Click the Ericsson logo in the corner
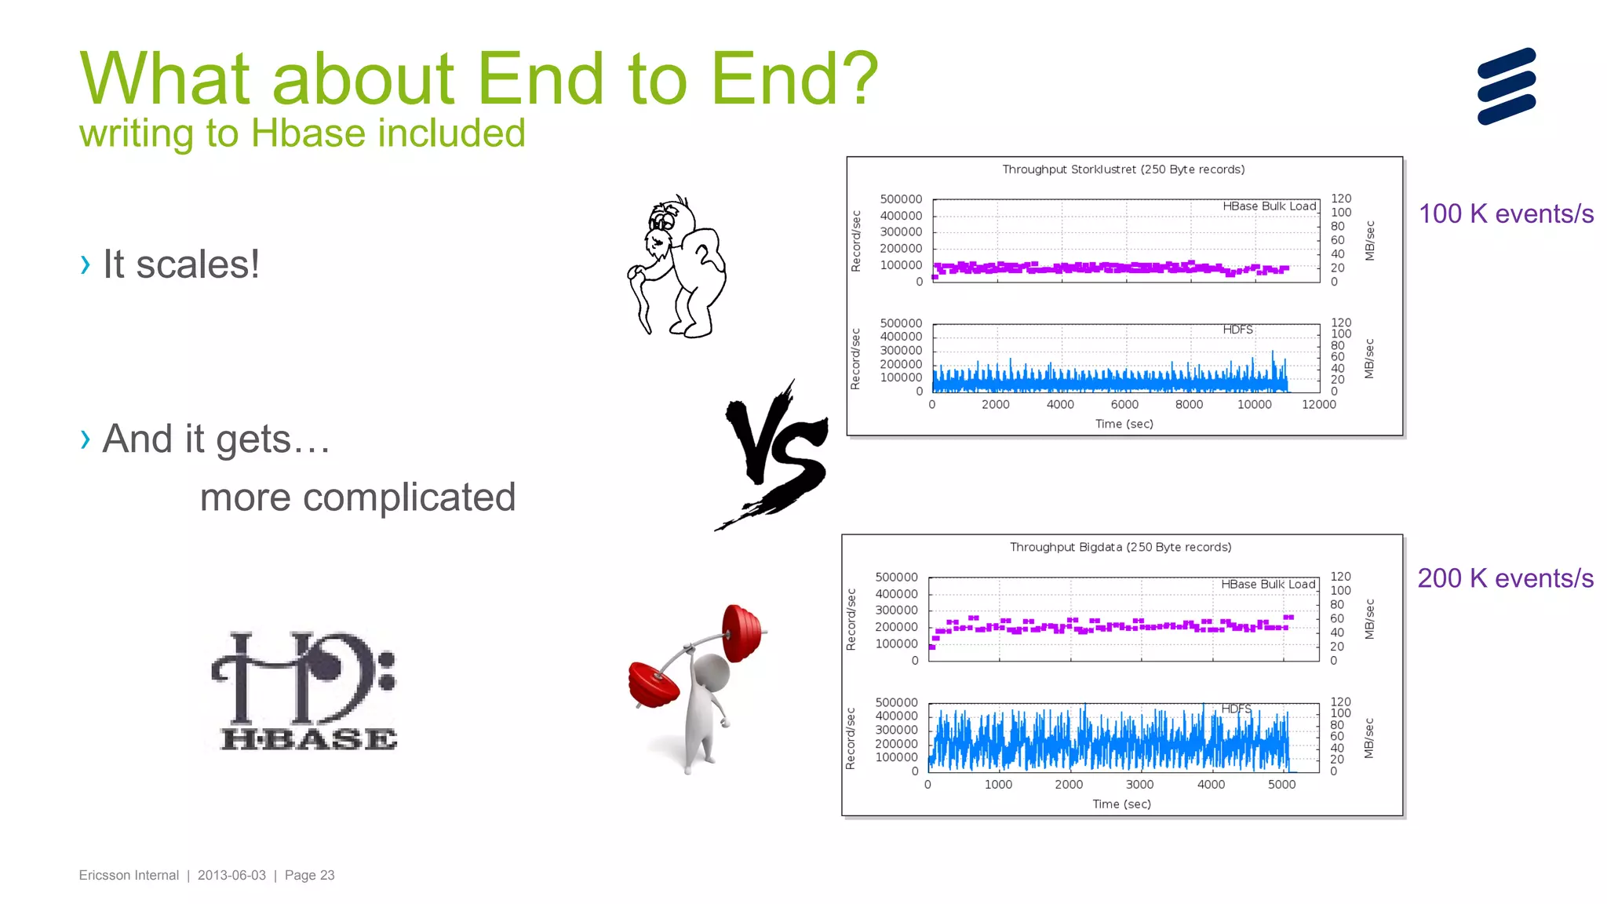point(1506,86)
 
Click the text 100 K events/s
point(1506,213)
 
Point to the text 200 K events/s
point(1505,578)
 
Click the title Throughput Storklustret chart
point(1123,169)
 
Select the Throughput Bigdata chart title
point(1120,547)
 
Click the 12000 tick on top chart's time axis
point(1318,405)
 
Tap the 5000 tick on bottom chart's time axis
point(1281,785)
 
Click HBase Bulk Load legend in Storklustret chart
point(1269,206)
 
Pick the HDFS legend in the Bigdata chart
point(1236,709)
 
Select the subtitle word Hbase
point(307,133)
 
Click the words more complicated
point(358,498)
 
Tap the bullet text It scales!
point(181,264)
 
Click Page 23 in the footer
point(309,875)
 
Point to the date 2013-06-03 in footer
point(231,875)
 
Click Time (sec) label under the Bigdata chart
point(1121,804)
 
